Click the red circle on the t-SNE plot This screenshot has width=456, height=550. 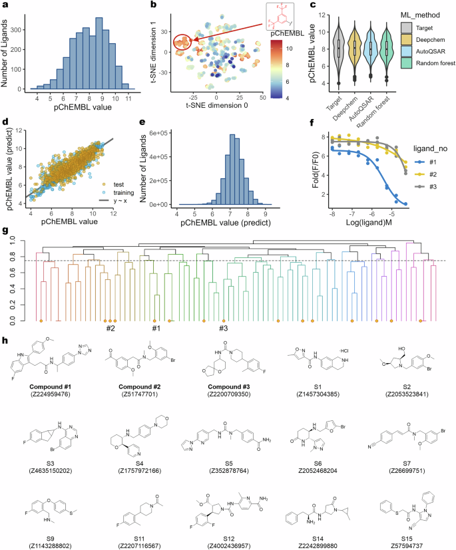point(182,44)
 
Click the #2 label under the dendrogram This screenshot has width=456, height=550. point(111,327)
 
